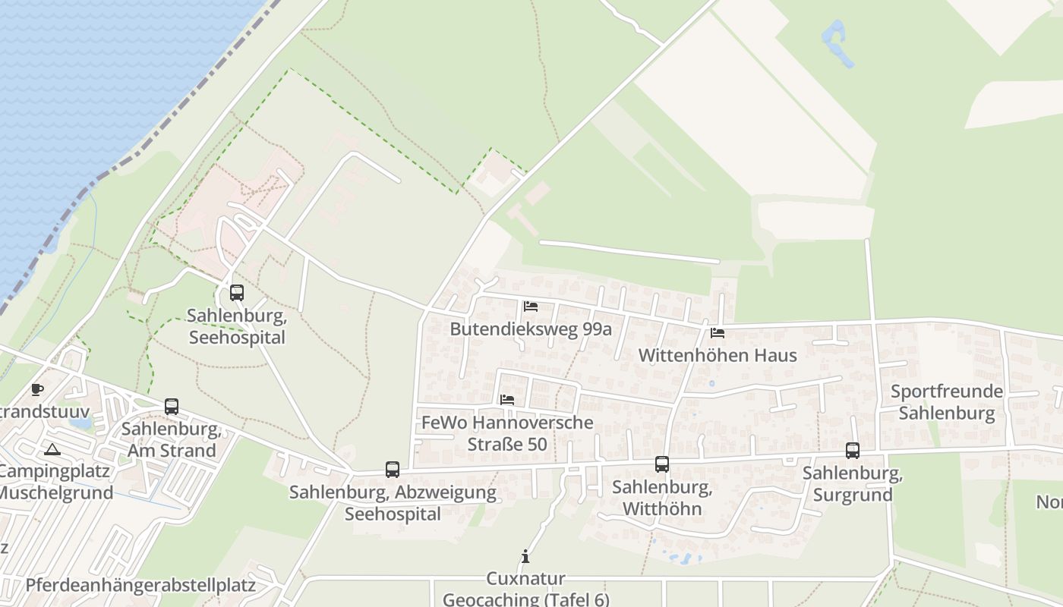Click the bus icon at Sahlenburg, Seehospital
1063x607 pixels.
pyautogui.click(x=237, y=292)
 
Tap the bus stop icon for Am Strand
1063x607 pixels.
pyautogui.click(x=172, y=407)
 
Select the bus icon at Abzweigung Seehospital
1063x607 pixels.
pyautogui.click(x=392, y=470)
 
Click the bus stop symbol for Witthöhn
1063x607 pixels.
pyautogui.click(x=662, y=464)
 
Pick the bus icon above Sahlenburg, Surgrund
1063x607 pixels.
pyautogui.click(x=853, y=451)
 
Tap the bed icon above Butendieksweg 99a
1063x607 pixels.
pyautogui.click(x=531, y=307)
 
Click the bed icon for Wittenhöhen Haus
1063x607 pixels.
pyautogui.click(x=717, y=332)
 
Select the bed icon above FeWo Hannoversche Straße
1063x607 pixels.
pyautogui.click(x=507, y=399)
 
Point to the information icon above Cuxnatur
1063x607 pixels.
pyautogui.click(x=525, y=557)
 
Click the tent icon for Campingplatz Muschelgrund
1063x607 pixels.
pyautogui.click(x=52, y=449)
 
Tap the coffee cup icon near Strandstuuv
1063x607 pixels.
pyautogui.click(x=36, y=390)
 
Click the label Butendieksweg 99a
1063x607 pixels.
pyautogui.click(x=531, y=329)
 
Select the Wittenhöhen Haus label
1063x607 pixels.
pyautogui.click(x=718, y=355)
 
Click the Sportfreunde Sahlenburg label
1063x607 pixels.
pyautogui.click(x=946, y=402)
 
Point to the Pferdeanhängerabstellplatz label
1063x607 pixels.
pyautogui.click(x=140, y=585)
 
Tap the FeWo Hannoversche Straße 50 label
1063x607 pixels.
pyautogui.click(x=507, y=433)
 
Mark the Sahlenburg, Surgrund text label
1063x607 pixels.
pyautogui.click(x=853, y=484)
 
